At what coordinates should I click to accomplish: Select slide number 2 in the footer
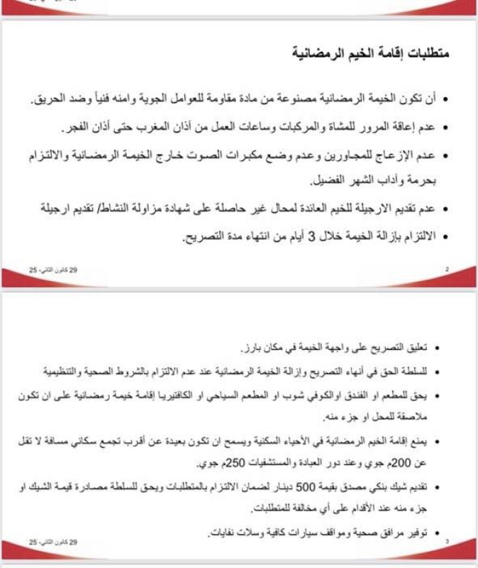pos(447,270)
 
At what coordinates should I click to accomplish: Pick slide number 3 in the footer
pos(447,542)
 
